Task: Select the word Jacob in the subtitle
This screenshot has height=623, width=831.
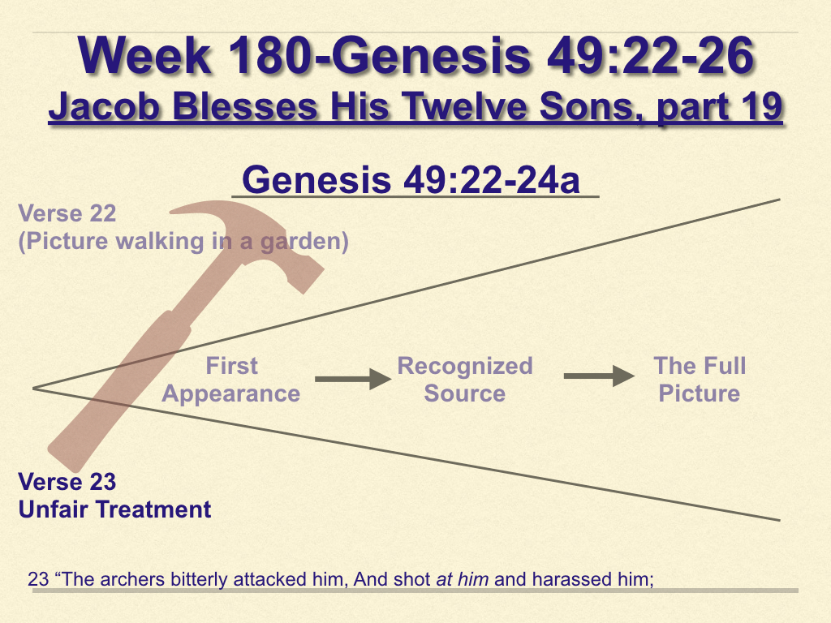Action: [x=105, y=106]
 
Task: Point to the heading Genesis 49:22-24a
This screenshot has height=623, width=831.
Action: [x=411, y=179]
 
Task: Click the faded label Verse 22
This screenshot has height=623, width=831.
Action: [x=67, y=213]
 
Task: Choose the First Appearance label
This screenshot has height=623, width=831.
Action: [x=231, y=380]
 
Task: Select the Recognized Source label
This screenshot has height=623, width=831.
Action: [x=465, y=380]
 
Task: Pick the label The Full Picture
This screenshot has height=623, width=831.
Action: [x=700, y=380]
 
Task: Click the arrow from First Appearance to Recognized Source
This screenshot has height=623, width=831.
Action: [x=353, y=379]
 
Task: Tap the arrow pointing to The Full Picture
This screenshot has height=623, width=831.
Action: [x=599, y=376]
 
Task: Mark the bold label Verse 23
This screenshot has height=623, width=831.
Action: [x=67, y=482]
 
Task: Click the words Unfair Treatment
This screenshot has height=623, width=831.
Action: [x=115, y=509]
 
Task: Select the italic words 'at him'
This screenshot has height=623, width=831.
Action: [x=462, y=579]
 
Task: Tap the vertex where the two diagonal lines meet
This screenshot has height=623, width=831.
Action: [x=32, y=389]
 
